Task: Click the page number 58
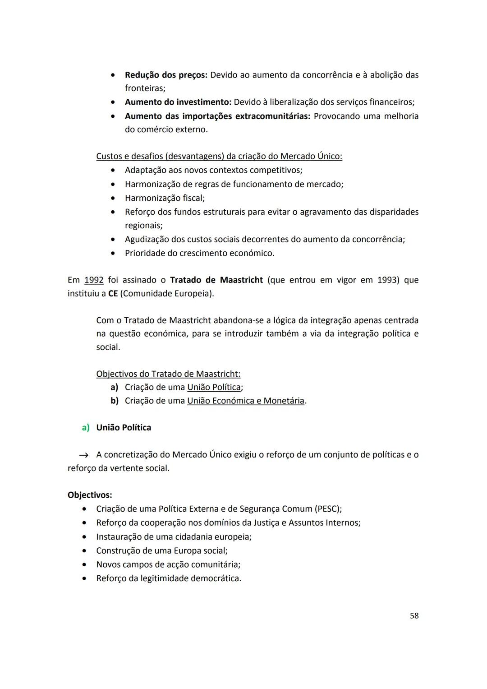pos(414,615)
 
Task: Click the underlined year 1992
pos(94,280)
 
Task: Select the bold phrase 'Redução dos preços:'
pos(166,75)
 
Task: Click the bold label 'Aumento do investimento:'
pos(178,102)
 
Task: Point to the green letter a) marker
pos(86,427)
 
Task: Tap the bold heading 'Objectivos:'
pos(90,495)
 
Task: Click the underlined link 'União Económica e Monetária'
pos(246,401)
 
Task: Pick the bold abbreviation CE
pos(113,294)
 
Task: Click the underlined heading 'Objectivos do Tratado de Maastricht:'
pos(168,374)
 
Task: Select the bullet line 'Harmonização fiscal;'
pos(165,198)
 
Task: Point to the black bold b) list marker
pos(115,401)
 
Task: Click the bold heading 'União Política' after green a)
pos(124,427)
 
